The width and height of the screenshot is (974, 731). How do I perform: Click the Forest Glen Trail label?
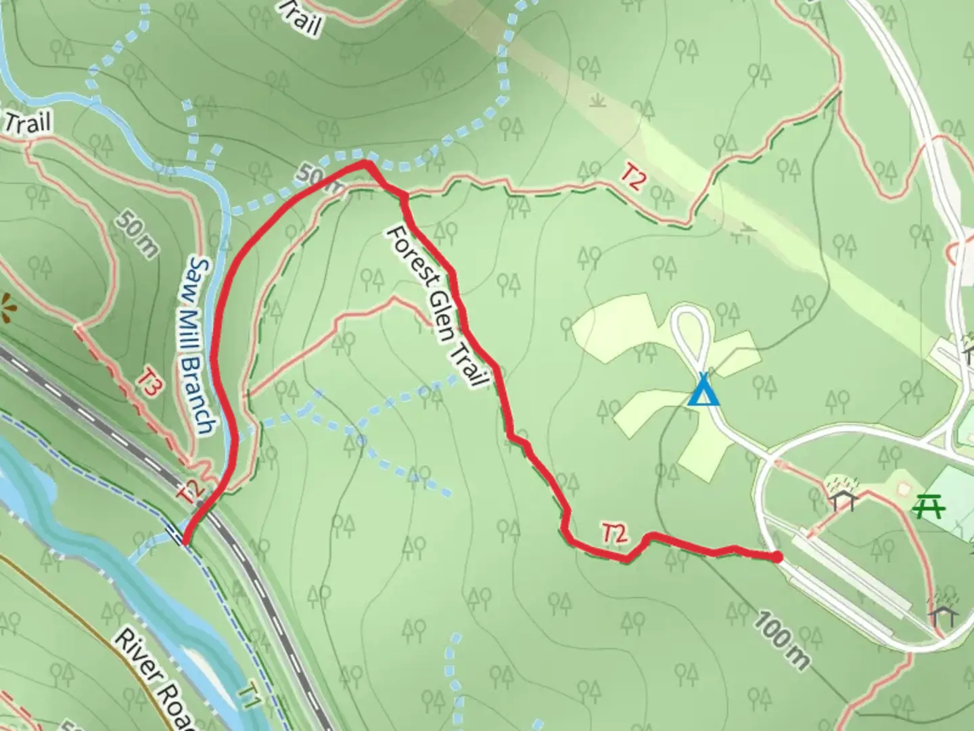(x=436, y=307)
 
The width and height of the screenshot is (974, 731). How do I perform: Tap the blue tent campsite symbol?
(x=704, y=391)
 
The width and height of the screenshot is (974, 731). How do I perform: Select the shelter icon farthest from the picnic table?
(x=943, y=613)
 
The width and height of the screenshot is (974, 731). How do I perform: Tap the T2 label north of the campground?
(x=632, y=177)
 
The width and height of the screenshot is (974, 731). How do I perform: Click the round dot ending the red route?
(x=778, y=557)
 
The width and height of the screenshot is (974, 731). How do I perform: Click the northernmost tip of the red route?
(x=365, y=164)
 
